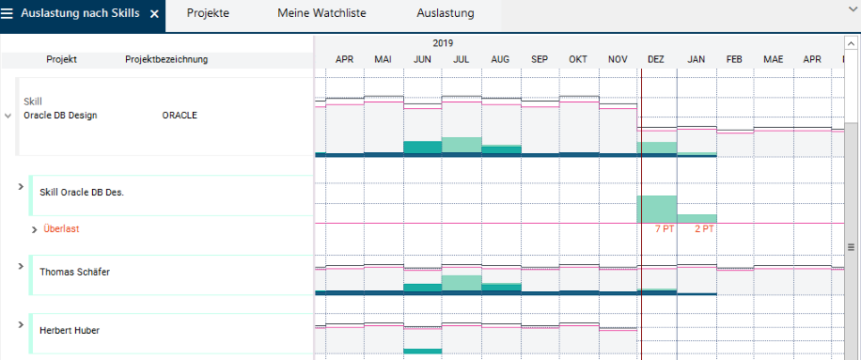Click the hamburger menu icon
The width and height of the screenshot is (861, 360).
(x=7, y=14)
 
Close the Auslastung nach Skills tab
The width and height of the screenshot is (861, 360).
(x=154, y=14)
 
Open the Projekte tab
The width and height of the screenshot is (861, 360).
(x=208, y=13)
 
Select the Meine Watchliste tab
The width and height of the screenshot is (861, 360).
(x=321, y=13)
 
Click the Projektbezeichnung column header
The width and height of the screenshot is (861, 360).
(x=166, y=60)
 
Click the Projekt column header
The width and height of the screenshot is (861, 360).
(x=61, y=60)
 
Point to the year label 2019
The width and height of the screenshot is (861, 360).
(x=443, y=43)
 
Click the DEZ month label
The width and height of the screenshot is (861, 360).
(x=656, y=59)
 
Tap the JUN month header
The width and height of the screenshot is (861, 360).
(x=422, y=59)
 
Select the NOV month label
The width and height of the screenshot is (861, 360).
(x=618, y=59)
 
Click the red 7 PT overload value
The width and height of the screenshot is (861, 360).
(x=665, y=229)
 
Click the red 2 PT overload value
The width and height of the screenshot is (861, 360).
(x=705, y=229)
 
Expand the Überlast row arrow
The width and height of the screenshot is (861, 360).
(x=35, y=229)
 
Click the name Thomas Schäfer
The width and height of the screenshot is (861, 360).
(x=74, y=273)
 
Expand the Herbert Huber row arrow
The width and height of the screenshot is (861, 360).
(x=21, y=324)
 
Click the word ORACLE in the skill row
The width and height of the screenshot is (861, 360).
(x=180, y=116)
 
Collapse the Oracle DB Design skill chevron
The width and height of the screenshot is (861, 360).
(x=8, y=116)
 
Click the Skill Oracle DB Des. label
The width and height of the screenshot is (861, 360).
(x=82, y=193)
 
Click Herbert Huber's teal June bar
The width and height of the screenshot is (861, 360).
(x=422, y=352)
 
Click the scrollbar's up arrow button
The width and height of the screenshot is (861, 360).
(x=851, y=44)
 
